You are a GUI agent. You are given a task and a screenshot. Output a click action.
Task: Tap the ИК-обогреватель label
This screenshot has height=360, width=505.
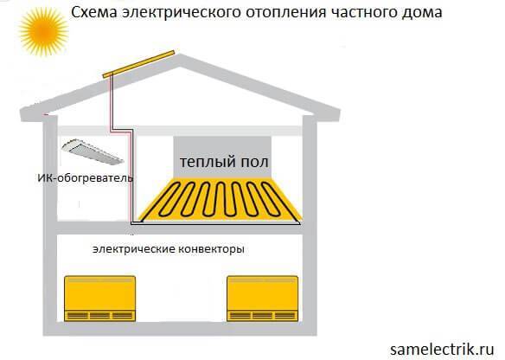point(80,178)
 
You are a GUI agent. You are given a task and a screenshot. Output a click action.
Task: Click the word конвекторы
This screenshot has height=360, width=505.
point(213,248)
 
